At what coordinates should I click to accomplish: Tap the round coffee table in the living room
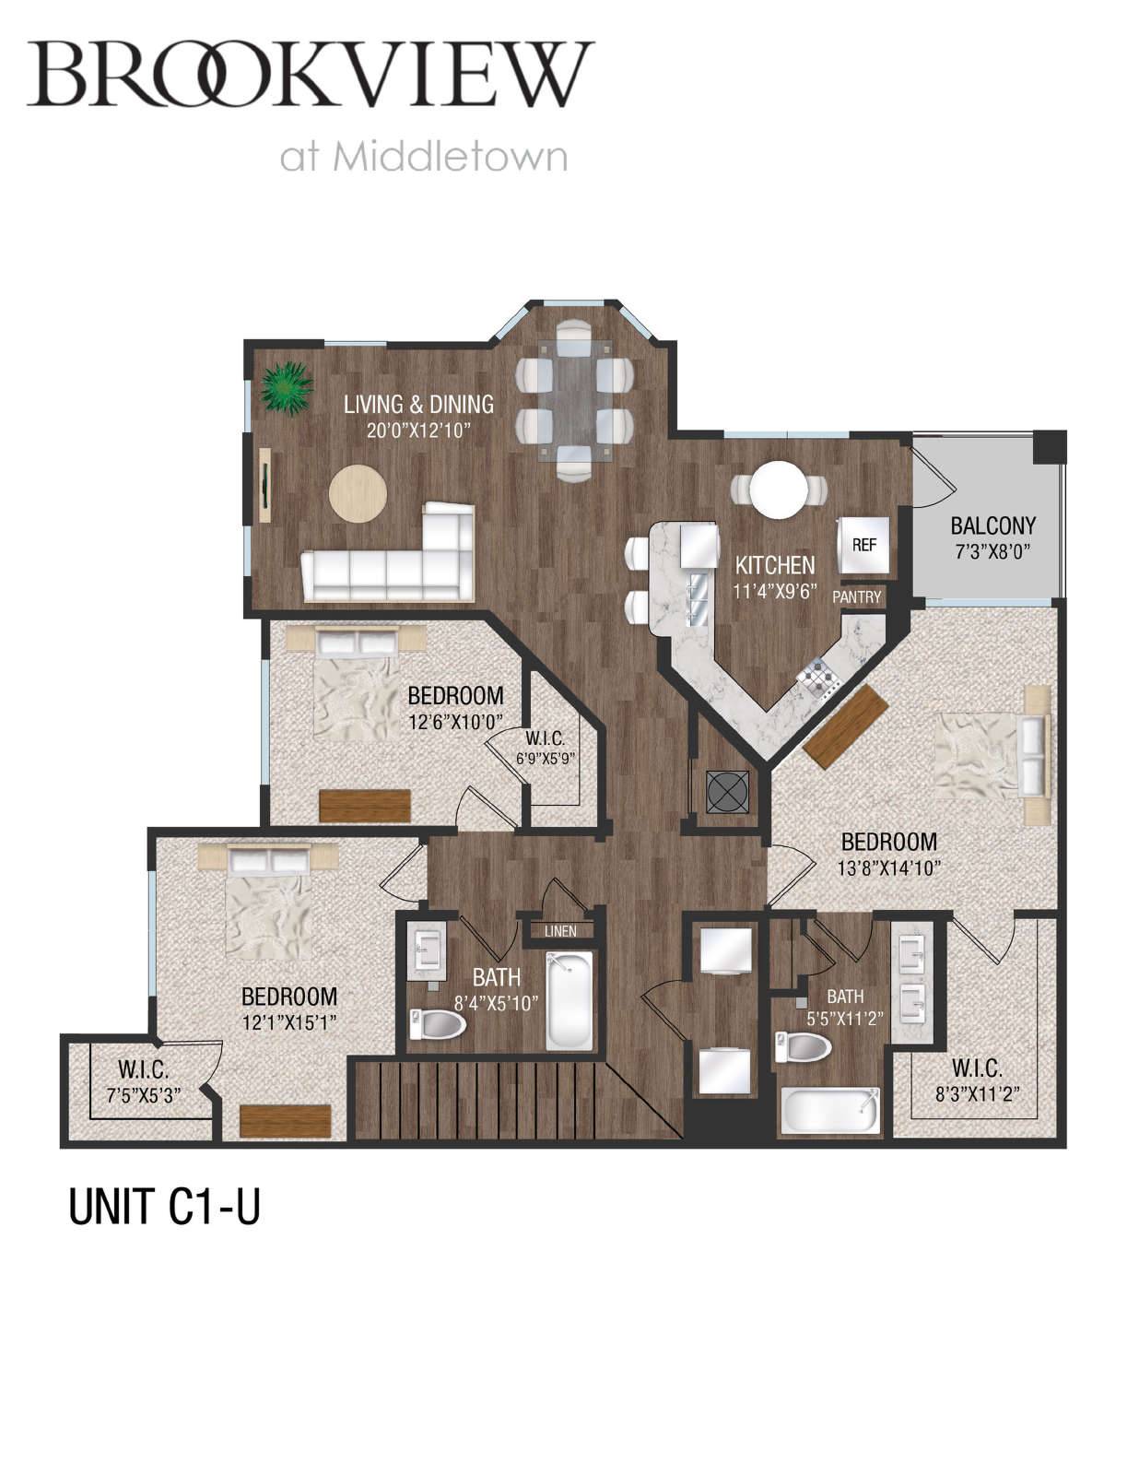tap(358, 493)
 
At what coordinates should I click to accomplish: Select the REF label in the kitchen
tap(863, 545)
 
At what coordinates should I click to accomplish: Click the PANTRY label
tap(856, 597)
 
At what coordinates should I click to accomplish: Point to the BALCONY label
tap(992, 525)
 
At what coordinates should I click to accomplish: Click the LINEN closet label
tap(560, 932)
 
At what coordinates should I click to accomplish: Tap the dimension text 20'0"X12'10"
tap(418, 431)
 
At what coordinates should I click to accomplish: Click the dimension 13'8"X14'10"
tap(889, 868)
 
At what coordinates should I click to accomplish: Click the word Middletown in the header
tap(450, 157)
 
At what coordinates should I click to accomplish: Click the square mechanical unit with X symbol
tap(728, 792)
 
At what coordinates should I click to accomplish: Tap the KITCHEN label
tap(775, 565)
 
